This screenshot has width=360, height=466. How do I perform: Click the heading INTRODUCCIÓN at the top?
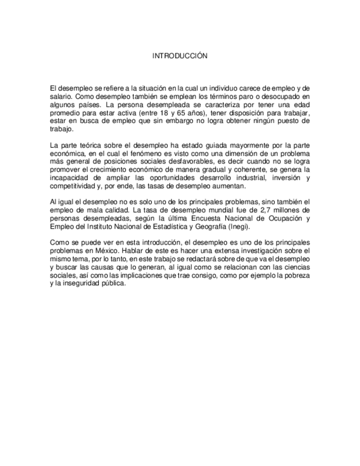(x=180, y=56)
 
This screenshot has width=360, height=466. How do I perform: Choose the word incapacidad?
(x=69, y=179)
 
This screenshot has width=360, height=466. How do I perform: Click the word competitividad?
(x=73, y=187)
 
